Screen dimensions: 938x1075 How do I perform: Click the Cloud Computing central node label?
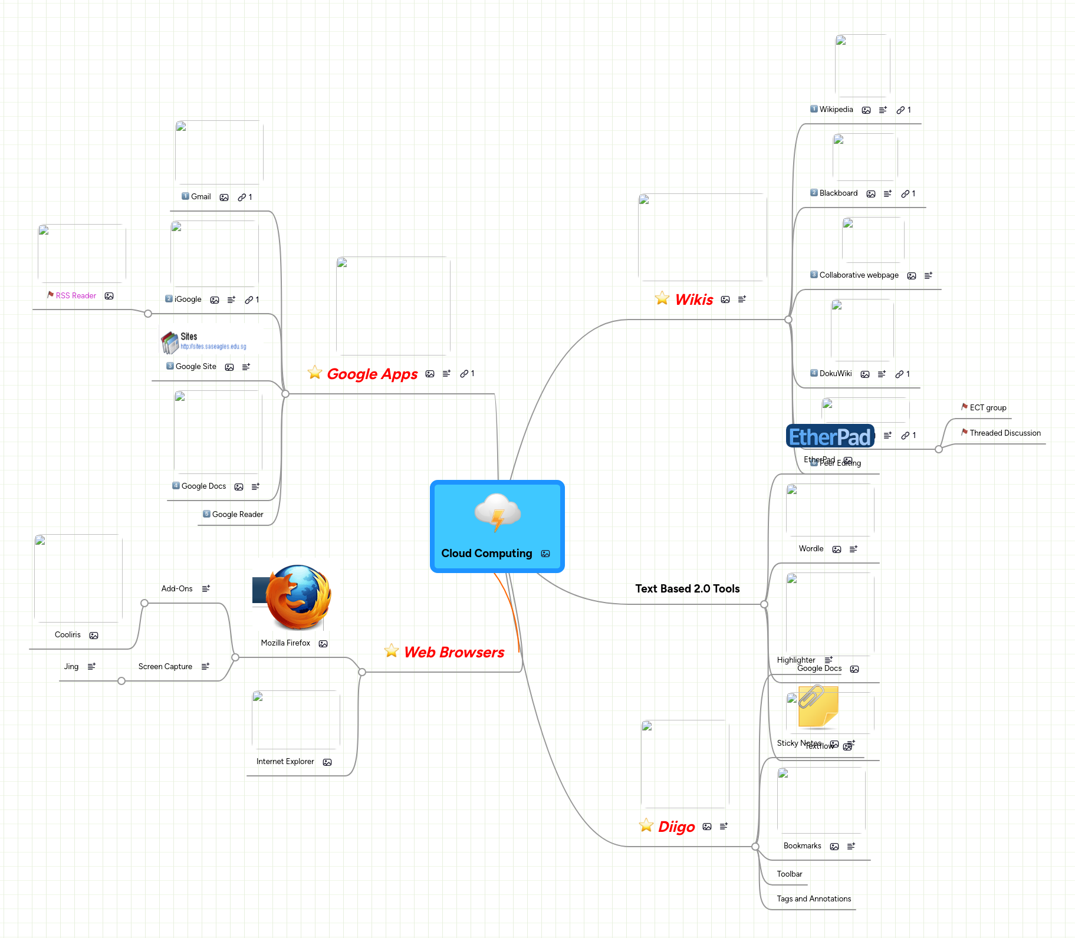pos(486,554)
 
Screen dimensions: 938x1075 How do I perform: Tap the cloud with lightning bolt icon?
pos(498,512)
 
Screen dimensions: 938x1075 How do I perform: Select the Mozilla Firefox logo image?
pos(297,597)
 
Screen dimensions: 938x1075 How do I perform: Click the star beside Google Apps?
pos(315,373)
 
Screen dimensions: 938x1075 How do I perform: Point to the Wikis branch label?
pos(694,299)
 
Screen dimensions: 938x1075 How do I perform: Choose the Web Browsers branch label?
pos(454,652)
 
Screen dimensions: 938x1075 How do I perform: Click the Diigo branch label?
pos(676,827)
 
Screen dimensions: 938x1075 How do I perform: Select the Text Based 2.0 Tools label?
pos(687,588)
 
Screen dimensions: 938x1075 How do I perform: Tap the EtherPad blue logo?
pos(830,437)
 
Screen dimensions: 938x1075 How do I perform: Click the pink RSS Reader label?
pos(76,296)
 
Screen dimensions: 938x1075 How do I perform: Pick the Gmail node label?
pos(200,197)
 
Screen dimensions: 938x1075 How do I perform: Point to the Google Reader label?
pos(238,515)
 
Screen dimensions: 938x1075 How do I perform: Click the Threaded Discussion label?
pos(1005,433)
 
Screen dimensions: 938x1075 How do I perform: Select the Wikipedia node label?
pos(836,110)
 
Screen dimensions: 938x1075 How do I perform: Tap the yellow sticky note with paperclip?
pos(817,706)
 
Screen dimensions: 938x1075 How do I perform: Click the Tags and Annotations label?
pos(814,899)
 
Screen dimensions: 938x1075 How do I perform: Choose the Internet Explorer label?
pos(285,762)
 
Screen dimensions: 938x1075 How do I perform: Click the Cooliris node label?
pos(68,635)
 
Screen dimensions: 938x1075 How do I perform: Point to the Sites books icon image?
pos(170,342)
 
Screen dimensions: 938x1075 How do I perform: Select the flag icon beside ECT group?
pos(964,407)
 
